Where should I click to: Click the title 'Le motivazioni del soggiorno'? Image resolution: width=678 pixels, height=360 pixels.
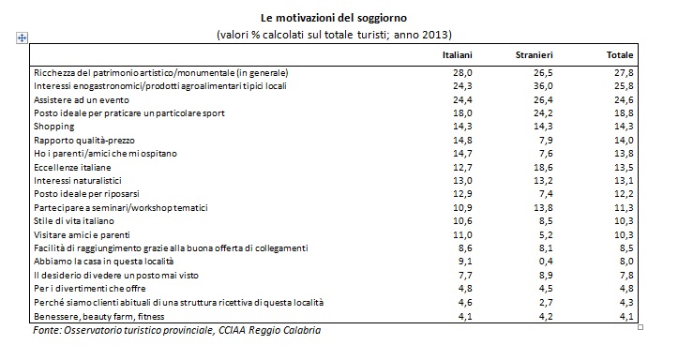tap(334, 18)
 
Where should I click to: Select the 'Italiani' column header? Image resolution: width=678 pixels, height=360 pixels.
tap(457, 55)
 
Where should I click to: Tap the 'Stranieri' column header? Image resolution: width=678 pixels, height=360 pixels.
tap(534, 55)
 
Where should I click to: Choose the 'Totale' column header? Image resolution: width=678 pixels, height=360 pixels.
tap(620, 55)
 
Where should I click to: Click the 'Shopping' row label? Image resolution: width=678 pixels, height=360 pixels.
tap(54, 127)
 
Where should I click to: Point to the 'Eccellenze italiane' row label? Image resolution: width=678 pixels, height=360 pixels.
tap(72, 167)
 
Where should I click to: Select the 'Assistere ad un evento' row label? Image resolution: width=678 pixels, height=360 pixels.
tap(82, 99)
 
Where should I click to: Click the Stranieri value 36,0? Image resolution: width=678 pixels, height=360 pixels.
tap(543, 86)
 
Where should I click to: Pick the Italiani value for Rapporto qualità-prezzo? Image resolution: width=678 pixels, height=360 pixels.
tap(462, 140)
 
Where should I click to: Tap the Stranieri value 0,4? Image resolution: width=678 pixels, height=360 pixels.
tap(545, 262)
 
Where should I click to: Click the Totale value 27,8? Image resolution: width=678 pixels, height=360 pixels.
tap(624, 72)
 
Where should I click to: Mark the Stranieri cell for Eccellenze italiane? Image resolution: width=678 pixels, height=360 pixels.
tap(543, 167)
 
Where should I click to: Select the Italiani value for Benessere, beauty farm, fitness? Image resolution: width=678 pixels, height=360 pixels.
tap(465, 316)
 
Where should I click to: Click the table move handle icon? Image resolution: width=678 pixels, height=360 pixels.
tap(23, 38)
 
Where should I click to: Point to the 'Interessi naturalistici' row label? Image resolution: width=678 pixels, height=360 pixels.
tap(78, 181)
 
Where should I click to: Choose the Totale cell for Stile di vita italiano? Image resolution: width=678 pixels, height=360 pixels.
tap(624, 221)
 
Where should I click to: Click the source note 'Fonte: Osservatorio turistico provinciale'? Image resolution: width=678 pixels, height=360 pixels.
tap(123, 331)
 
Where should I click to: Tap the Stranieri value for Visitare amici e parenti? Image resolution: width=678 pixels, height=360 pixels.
tap(545, 234)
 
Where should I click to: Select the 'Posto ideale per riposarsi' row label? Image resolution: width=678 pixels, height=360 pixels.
tap(86, 194)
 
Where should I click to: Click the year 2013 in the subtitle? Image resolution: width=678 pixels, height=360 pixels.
tap(435, 35)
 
